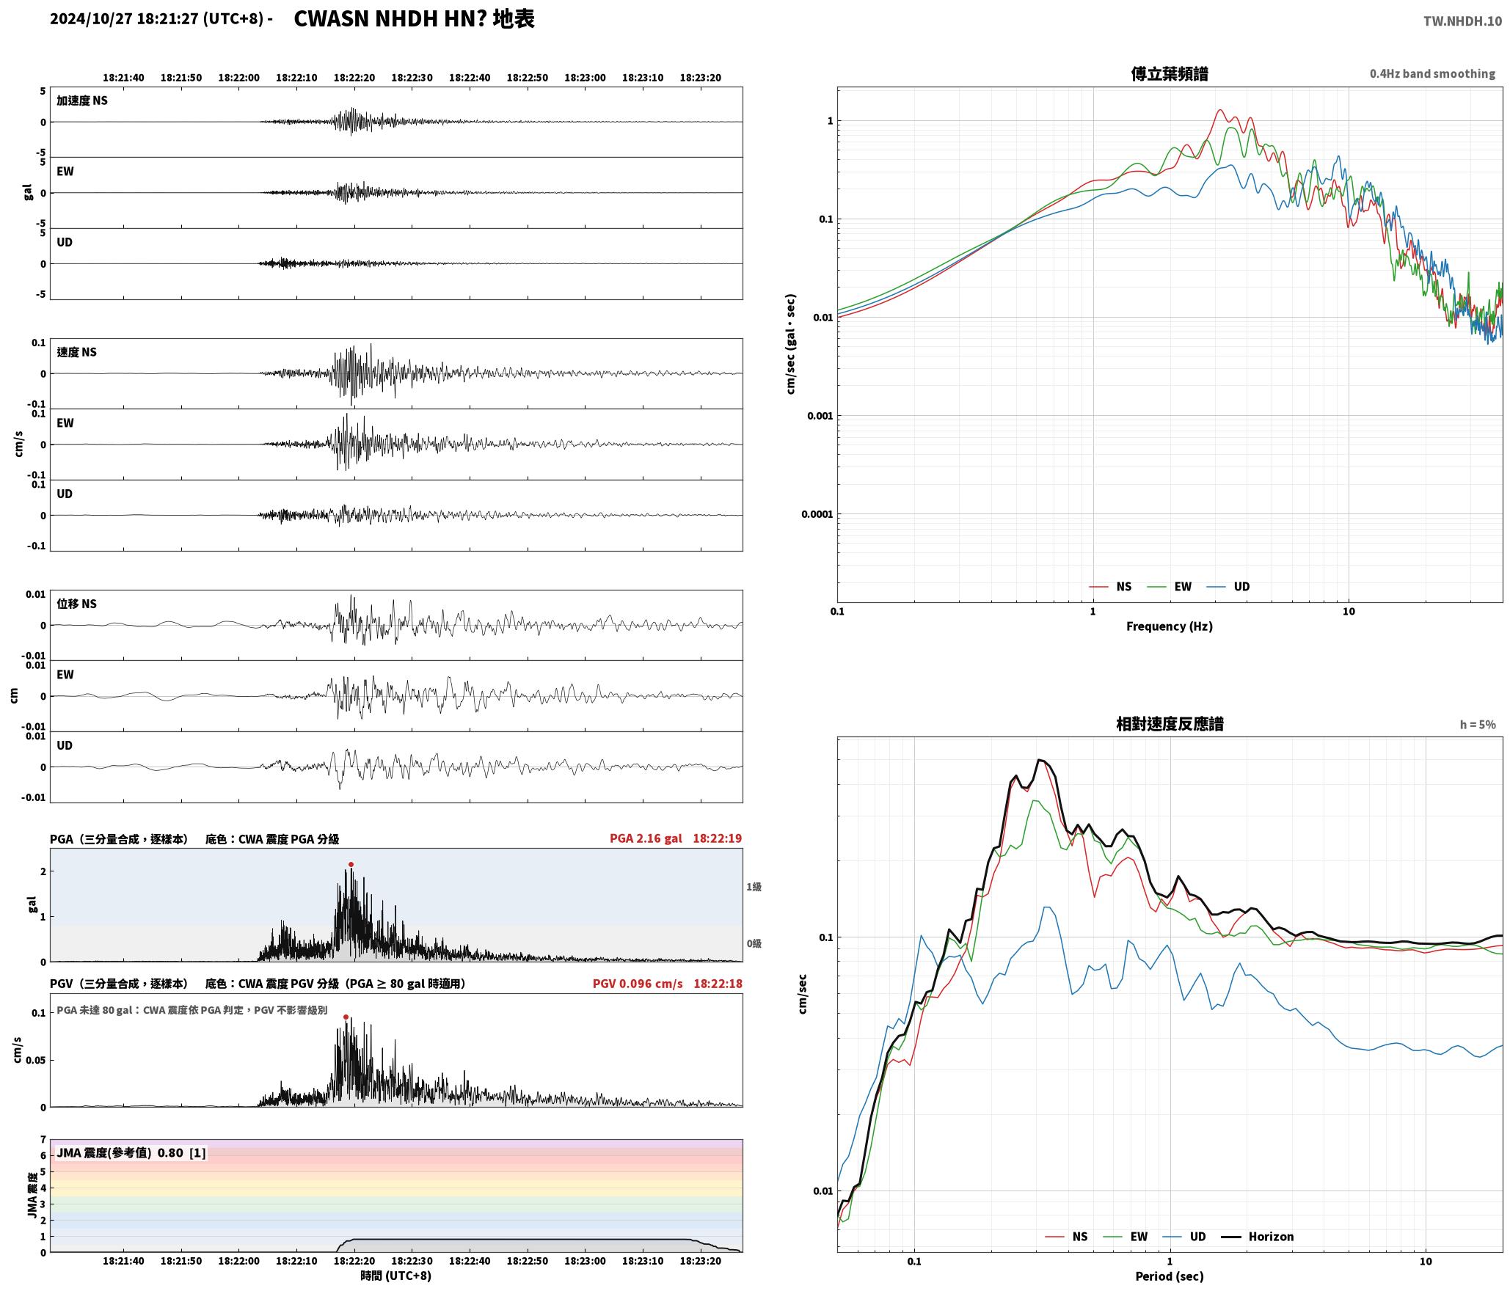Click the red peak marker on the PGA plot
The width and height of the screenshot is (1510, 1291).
tap(351, 864)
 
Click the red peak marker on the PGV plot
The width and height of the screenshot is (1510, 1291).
tap(346, 1017)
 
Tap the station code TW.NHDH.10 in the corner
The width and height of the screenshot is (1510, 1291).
tap(1462, 21)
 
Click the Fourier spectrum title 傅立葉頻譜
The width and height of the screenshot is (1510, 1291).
tap(1170, 73)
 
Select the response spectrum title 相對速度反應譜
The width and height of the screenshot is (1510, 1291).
tap(1170, 723)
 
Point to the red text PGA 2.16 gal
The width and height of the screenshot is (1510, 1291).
tap(646, 838)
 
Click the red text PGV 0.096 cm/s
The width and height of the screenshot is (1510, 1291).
tap(638, 983)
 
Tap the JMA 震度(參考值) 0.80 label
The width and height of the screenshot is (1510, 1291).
tap(120, 1152)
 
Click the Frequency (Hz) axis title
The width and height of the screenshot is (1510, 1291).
tap(1170, 626)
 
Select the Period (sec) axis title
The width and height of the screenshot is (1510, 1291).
tap(1170, 1276)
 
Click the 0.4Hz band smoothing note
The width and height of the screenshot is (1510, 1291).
tap(1432, 73)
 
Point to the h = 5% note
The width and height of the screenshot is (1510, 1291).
tap(1478, 724)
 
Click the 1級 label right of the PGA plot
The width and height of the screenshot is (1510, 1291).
tap(754, 886)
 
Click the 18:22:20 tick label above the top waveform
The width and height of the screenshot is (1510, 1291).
tap(354, 77)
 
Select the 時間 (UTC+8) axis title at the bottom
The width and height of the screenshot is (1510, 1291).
tap(395, 1275)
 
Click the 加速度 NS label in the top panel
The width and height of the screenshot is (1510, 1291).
tap(82, 100)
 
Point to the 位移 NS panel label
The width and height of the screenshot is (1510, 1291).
tap(77, 604)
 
